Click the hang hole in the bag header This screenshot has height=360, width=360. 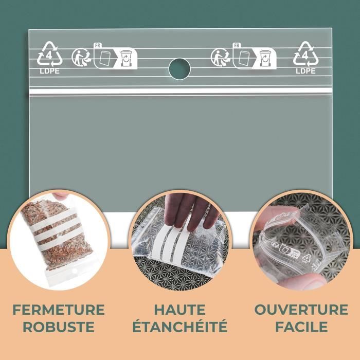point(179,69)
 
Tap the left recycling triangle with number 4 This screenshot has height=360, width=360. point(49,54)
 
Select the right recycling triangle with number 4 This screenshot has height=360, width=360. point(305,54)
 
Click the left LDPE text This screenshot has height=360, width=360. point(49,71)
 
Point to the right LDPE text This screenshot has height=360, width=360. point(305,71)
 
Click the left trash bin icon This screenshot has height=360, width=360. point(127,58)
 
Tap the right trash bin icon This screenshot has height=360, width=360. point(265,58)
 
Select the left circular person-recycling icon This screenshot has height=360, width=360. point(80,58)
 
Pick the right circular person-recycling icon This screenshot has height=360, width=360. point(220,58)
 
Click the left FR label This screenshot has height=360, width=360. point(97,46)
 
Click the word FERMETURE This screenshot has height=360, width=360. point(59,310)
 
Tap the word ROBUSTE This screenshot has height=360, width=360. point(59,327)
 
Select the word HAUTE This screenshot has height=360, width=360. point(179,310)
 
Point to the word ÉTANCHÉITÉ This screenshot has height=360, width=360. point(179,327)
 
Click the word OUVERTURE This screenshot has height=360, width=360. point(301,310)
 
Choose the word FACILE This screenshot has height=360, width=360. point(301,327)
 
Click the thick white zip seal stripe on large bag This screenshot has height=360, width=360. point(180,91)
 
